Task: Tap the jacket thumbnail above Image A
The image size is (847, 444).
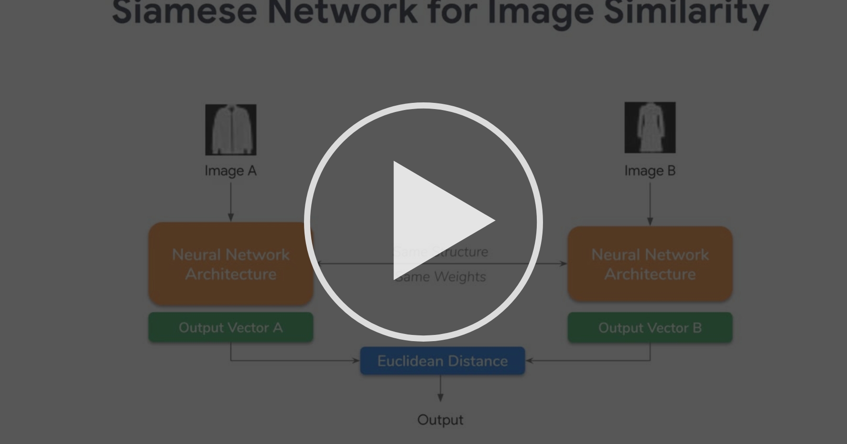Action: click(x=231, y=130)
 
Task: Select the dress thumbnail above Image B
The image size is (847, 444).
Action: click(x=650, y=127)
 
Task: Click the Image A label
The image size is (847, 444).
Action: click(x=230, y=171)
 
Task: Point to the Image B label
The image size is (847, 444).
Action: click(x=650, y=171)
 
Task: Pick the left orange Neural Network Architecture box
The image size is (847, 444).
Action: click(x=231, y=264)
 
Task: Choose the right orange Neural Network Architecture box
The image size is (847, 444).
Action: click(x=650, y=264)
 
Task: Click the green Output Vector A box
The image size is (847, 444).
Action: click(x=231, y=328)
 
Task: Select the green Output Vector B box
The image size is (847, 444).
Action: click(x=650, y=328)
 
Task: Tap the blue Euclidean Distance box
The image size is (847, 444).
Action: click(x=443, y=361)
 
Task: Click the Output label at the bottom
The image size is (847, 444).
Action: click(x=440, y=420)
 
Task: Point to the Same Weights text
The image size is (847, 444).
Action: click(x=441, y=277)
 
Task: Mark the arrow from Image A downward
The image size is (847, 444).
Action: click(x=231, y=201)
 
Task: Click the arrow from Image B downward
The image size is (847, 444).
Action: click(x=650, y=203)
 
